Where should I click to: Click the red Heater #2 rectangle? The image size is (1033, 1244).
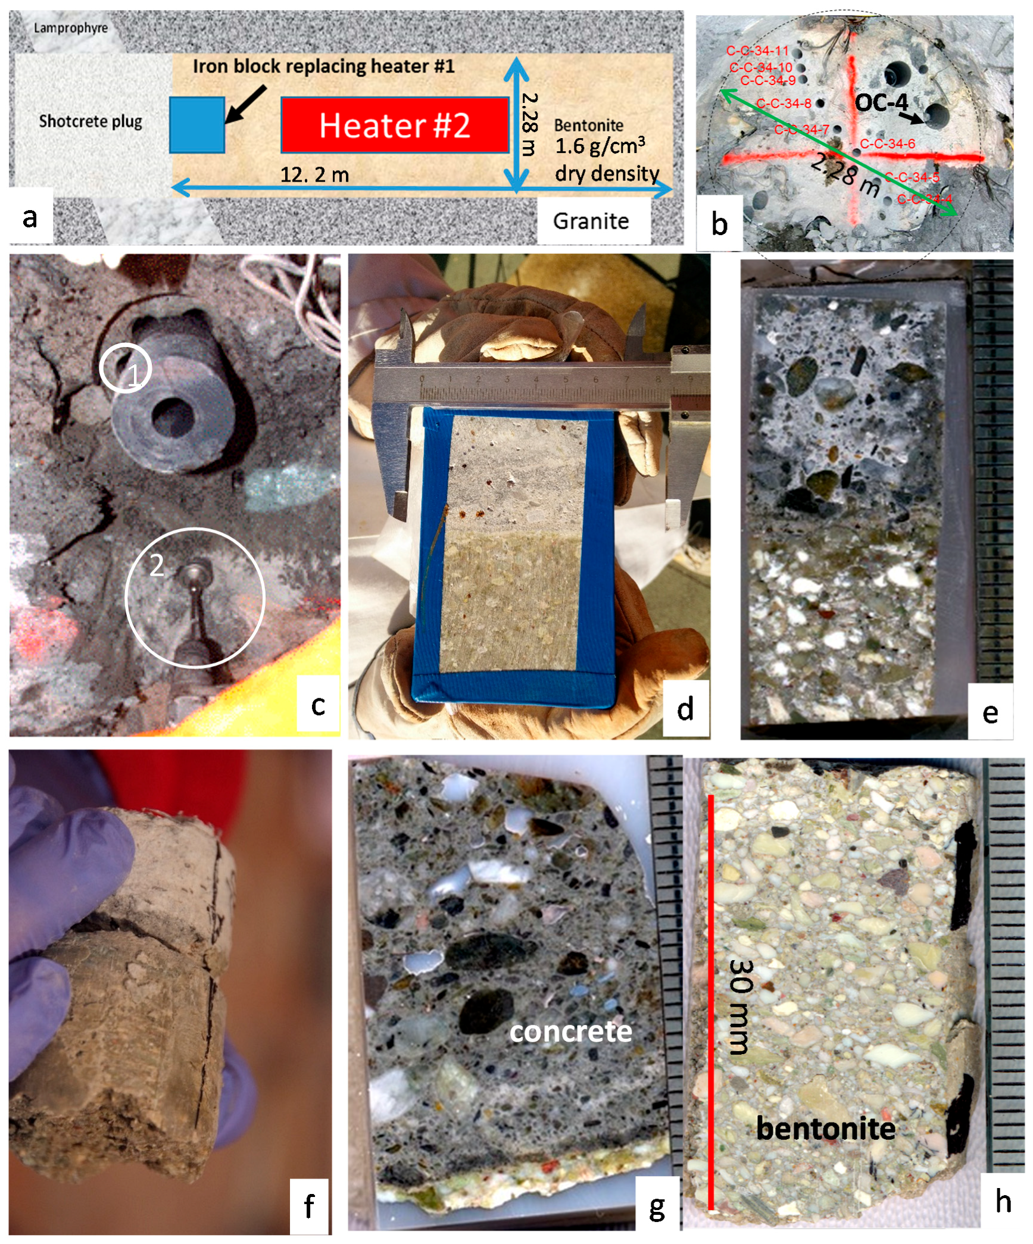coord(394,125)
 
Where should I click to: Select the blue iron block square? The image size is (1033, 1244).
coord(197,125)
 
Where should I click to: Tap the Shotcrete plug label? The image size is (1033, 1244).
coord(90,121)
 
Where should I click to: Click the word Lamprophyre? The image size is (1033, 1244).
coord(71,28)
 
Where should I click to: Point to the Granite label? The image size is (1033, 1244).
coord(591,221)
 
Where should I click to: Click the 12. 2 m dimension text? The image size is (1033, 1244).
coord(314,175)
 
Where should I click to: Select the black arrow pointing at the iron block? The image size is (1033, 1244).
coord(245,104)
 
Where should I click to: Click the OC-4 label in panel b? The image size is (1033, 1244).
coord(881,102)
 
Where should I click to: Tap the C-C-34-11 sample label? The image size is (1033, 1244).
coord(757,51)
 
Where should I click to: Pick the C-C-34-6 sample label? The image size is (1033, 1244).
coord(887,143)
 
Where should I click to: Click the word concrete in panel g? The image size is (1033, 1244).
coord(570,1032)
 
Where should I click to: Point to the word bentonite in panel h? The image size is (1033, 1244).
coord(825,1128)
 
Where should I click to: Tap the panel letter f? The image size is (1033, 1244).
coord(309,1205)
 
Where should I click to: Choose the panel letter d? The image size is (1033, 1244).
coord(686,708)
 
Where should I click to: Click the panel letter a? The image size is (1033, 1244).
coord(30,217)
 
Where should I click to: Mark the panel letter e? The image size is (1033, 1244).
coord(990,712)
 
